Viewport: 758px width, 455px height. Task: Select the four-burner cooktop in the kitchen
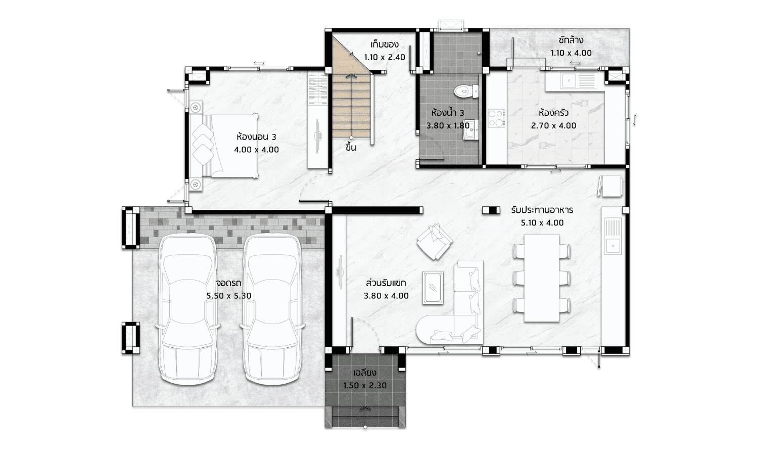tap(496, 117)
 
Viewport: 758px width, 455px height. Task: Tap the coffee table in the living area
tap(433, 288)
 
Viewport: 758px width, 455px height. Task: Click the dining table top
tap(541, 278)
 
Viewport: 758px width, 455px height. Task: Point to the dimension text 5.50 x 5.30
tap(229, 296)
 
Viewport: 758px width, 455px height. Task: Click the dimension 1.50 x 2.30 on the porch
tap(365, 386)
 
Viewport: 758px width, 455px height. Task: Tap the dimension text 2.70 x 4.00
tap(554, 125)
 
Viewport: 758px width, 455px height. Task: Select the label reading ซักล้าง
tap(571, 40)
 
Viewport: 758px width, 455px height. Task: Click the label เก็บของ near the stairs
tap(385, 44)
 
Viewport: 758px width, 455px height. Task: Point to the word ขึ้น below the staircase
tap(351, 148)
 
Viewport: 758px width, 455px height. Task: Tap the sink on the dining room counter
tap(613, 237)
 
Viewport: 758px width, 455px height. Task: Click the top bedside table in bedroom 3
tap(196, 107)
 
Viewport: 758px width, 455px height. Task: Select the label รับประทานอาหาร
tap(542, 210)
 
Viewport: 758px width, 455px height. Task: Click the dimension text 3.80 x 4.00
tap(386, 296)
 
